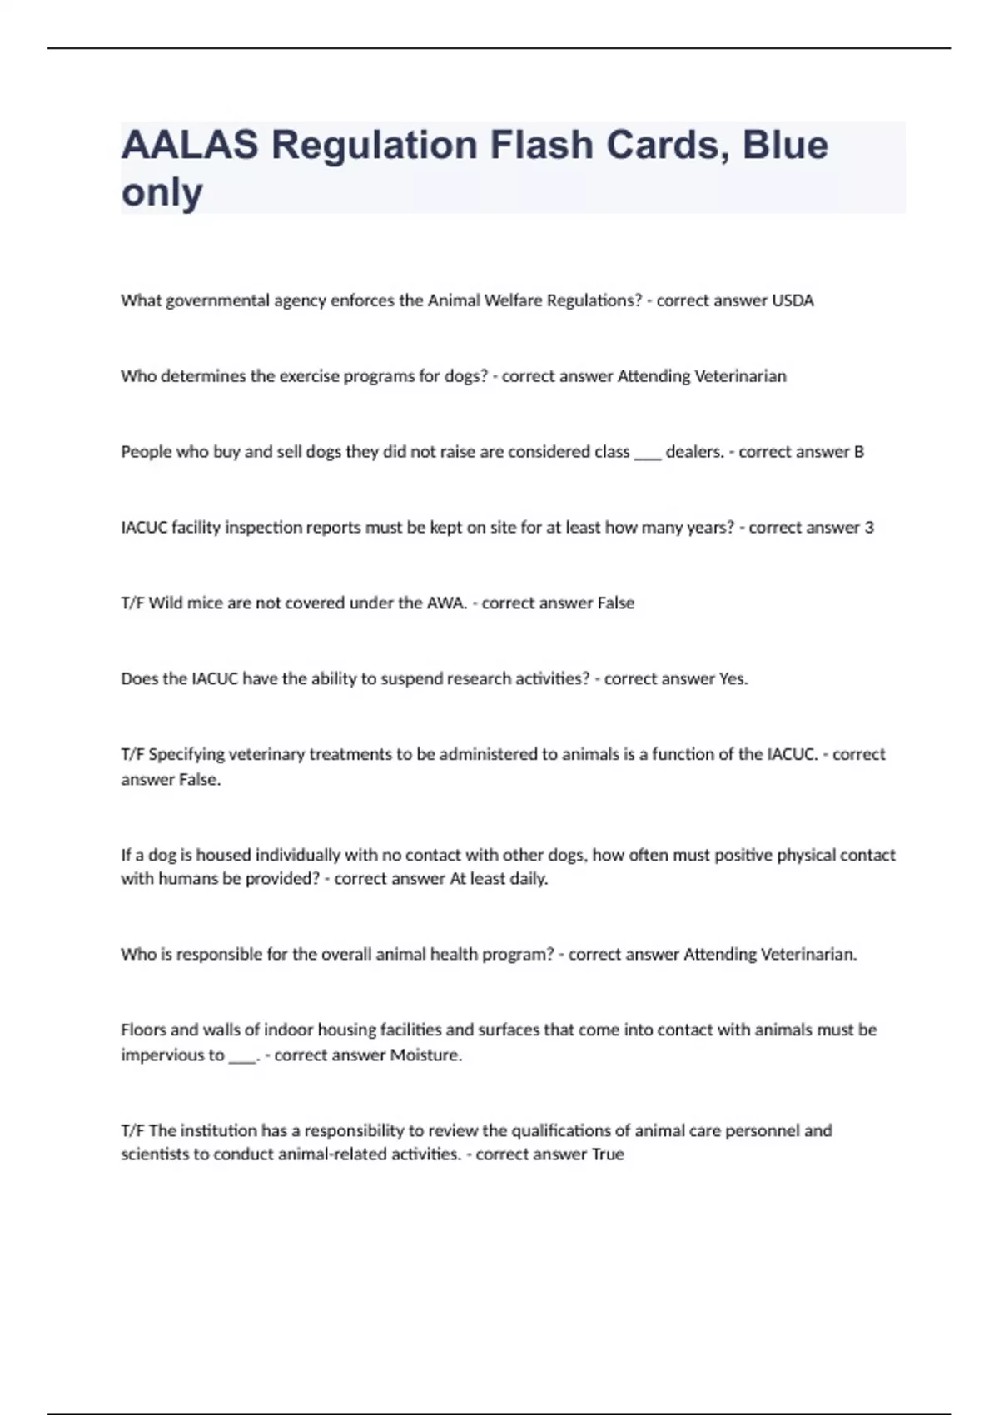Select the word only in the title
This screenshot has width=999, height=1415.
click(162, 192)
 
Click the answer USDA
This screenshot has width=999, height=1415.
click(793, 300)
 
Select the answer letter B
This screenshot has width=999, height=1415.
click(858, 452)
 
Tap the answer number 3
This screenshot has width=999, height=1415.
click(869, 528)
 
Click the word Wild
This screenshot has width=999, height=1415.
click(165, 603)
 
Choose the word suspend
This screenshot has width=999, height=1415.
click(411, 679)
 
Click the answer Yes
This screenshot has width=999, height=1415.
click(733, 679)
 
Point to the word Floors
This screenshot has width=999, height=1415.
click(143, 1030)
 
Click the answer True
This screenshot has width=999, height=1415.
click(607, 1154)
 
